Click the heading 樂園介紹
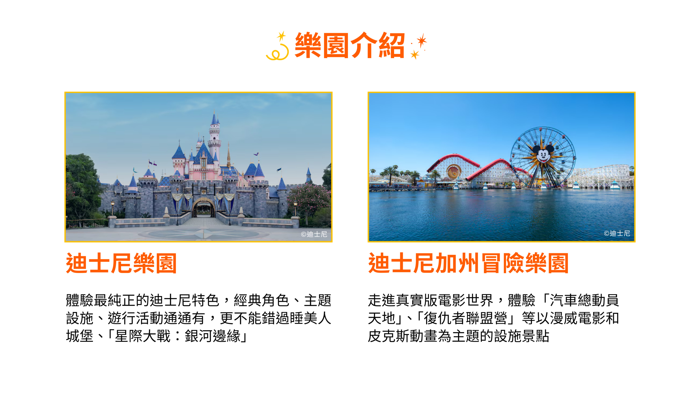[350, 45]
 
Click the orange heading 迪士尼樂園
[121, 263]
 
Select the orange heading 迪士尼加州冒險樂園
[468, 263]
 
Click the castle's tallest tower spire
[214, 119]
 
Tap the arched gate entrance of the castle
[203, 208]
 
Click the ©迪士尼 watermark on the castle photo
[314, 234]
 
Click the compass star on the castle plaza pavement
[204, 234]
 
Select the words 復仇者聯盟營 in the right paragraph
[465, 318]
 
